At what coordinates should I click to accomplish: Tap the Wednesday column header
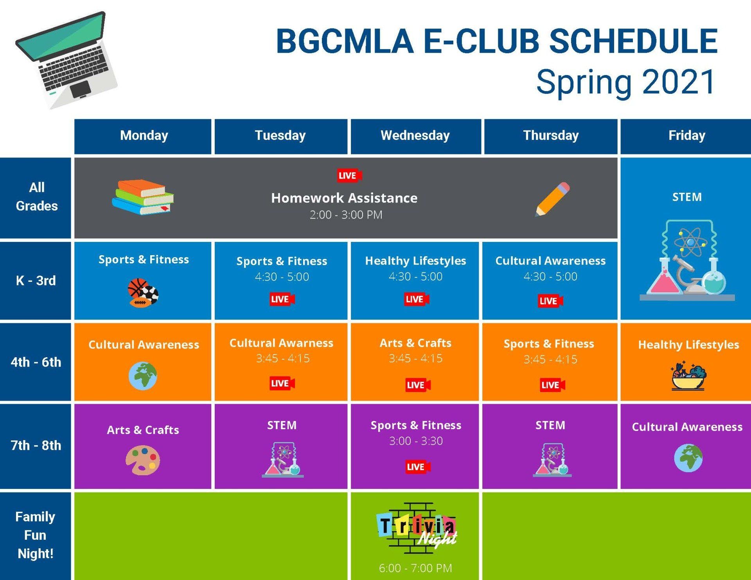tap(415, 136)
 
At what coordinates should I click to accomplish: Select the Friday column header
tap(687, 136)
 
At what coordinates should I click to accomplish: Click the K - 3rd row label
tap(36, 281)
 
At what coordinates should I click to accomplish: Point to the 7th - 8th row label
tap(36, 445)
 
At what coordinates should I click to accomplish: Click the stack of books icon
tap(143, 197)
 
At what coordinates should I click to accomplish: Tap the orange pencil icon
tap(552, 199)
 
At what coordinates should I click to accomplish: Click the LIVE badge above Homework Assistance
tap(349, 175)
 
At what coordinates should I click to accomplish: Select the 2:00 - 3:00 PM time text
tap(346, 215)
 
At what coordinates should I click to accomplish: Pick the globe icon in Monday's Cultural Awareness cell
tap(143, 376)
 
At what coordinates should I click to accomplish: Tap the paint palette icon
tap(143, 461)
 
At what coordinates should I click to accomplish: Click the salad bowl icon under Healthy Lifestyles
tap(688, 376)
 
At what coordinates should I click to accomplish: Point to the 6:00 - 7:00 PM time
tap(415, 568)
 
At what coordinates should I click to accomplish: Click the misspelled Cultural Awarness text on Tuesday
tap(281, 343)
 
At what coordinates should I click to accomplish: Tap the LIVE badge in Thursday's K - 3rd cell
tap(550, 301)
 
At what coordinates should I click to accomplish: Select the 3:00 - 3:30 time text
tap(416, 441)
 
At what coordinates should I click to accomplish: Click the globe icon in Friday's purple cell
tap(688, 458)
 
